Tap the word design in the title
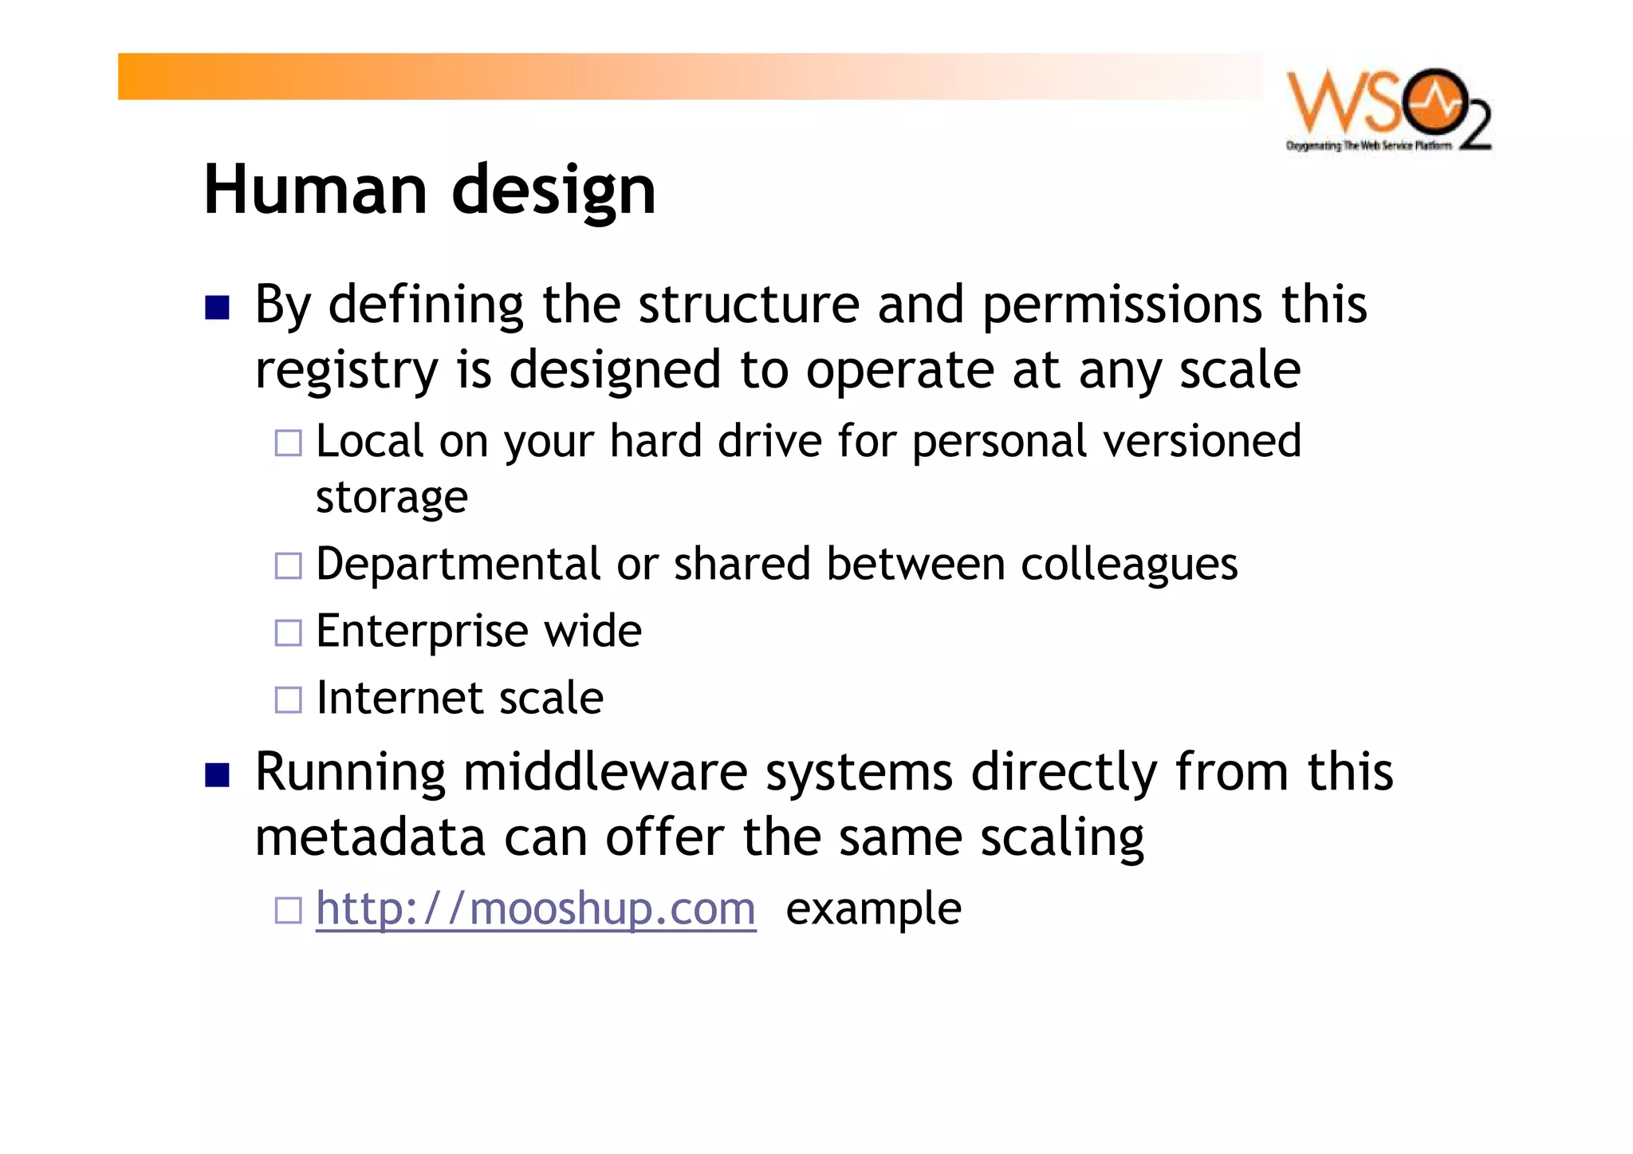point(553,191)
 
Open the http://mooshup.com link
point(535,908)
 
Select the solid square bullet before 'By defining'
point(217,308)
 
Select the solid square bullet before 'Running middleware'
point(217,775)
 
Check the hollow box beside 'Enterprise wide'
point(288,633)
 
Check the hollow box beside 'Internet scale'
point(288,700)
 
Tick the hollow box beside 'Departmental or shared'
point(288,566)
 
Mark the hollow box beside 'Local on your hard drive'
point(288,443)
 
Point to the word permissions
point(1122,305)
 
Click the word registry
point(346,371)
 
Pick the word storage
point(392,498)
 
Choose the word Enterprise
point(421,632)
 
